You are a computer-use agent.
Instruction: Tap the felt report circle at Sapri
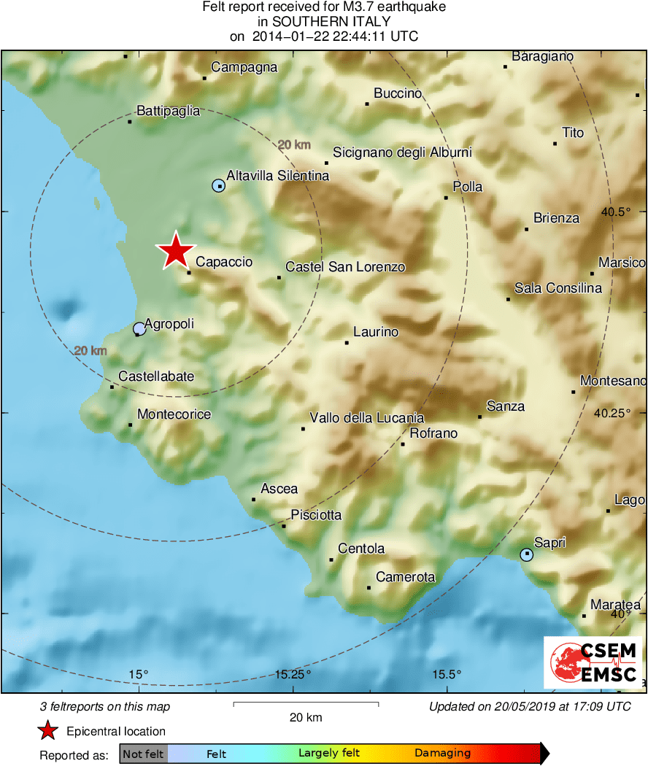tap(527, 555)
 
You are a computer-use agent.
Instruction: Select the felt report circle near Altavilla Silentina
tap(218, 185)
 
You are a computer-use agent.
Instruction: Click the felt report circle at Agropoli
tap(139, 329)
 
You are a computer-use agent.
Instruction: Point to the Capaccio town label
tap(224, 262)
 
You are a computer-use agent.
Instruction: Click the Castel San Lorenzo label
tap(344, 267)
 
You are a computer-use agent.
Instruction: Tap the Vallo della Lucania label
tap(366, 418)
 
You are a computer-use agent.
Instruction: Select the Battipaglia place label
tap(168, 111)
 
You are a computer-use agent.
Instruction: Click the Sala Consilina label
tap(558, 288)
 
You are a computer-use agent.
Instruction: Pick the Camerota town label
tap(405, 577)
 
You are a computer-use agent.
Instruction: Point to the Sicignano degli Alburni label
tap(402, 152)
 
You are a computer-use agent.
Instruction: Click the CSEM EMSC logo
tap(593, 662)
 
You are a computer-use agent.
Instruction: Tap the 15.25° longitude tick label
tap(293, 673)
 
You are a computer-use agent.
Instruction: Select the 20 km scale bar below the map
tap(306, 704)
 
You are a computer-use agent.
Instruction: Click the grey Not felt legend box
tap(143, 754)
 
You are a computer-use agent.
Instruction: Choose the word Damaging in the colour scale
tap(442, 754)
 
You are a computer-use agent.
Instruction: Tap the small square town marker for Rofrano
tap(403, 444)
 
